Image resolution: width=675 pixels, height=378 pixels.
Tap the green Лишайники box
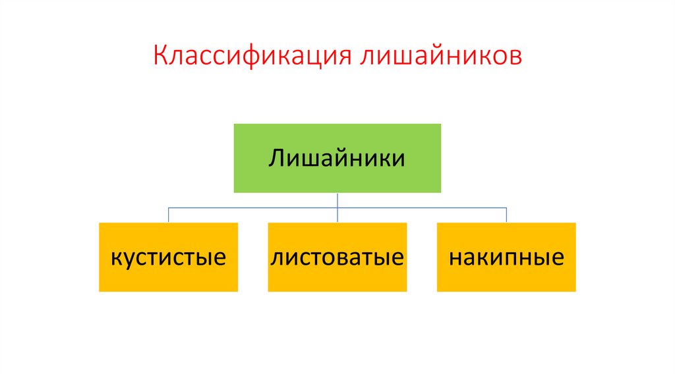click(337, 158)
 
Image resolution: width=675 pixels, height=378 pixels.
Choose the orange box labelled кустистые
click(168, 257)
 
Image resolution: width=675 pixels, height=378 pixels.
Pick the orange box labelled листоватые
click(337, 257)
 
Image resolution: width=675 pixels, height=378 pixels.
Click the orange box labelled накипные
click(506, 257)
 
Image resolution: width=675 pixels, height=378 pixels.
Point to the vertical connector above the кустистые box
click(168, 215)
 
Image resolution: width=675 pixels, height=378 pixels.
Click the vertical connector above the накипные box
click(506, 215)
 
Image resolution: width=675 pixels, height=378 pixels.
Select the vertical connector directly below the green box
click(337, 200)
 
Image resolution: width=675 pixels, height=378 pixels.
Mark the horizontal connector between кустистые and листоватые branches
click(252, 207)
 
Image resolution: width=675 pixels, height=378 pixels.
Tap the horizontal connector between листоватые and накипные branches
click(422, 207)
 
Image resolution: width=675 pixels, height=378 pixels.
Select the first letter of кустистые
click(115, 257)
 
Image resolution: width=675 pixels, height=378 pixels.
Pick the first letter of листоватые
click(276, 257)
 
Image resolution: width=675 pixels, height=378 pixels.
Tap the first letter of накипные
click(454, 257)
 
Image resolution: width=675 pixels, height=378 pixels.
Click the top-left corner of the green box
click(234, 124)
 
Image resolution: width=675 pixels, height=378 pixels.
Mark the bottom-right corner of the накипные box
click(575, 290)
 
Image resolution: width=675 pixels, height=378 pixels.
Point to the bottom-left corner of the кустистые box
click(100, 290)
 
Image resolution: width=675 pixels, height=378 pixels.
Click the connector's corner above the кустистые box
click(168, 207)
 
